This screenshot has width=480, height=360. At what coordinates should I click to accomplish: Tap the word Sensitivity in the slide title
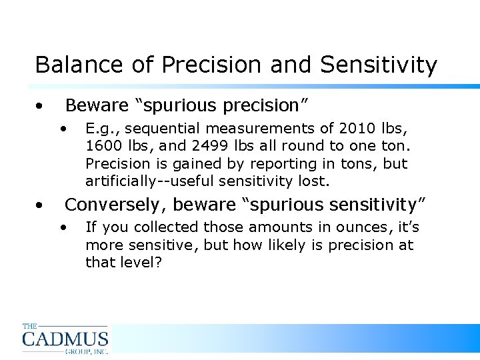click(379, 65)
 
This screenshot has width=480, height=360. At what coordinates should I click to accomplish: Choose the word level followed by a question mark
click(138, 262)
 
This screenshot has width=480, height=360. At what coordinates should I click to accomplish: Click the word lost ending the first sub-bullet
click(315, 181)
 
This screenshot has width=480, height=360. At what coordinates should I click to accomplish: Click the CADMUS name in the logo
click(65, 339)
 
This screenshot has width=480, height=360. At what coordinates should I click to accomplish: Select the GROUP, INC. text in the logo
click(86, 351)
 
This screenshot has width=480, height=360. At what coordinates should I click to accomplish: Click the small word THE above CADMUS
click(29, 326)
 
